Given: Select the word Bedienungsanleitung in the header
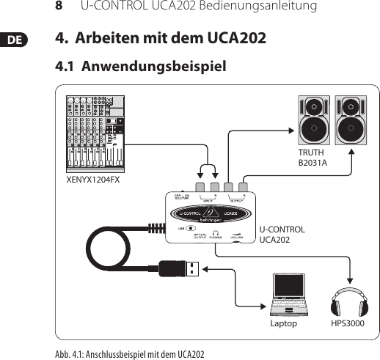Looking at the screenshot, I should coord(261,7).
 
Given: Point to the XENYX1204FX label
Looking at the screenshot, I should coord(93,178).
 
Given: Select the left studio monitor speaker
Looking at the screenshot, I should coord(313,120).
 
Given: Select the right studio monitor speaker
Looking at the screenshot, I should coord(351,120).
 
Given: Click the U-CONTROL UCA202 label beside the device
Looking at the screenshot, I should coord(282,235).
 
